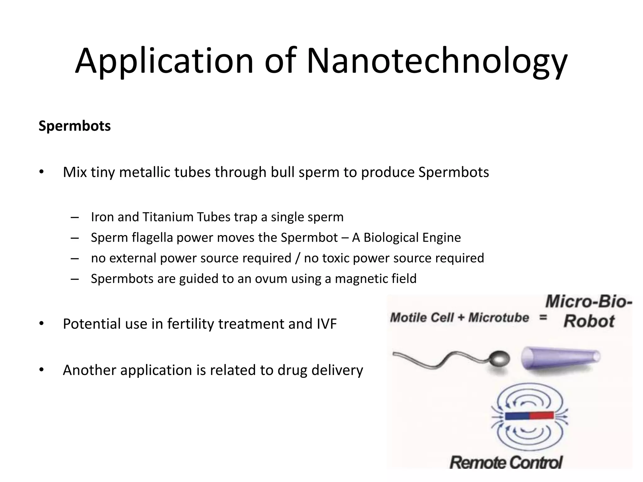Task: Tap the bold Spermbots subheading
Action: (x=75, y=126)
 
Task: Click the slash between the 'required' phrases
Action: (x=298, y=258)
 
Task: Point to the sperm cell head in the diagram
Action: (x=499, y=359)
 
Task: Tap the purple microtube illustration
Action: (x=561, y=358)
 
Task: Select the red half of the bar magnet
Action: (x=541, y=416)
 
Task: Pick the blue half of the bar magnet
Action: (x=517, y=416)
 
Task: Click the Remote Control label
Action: (x=506, y=463)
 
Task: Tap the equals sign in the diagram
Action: (x=543, y=318)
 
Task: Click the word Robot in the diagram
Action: (x=589, y=321)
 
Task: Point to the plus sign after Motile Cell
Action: (x=461, y=318)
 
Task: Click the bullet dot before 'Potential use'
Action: (x=41, y=324)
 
